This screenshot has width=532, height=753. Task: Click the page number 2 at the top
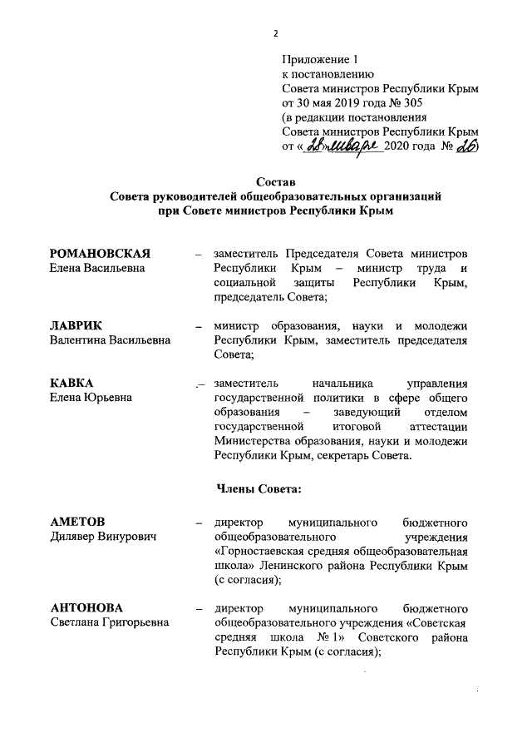pos(273,33)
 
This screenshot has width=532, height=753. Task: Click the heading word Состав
pos(274,182)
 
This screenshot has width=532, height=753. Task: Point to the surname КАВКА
pos(71,384)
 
